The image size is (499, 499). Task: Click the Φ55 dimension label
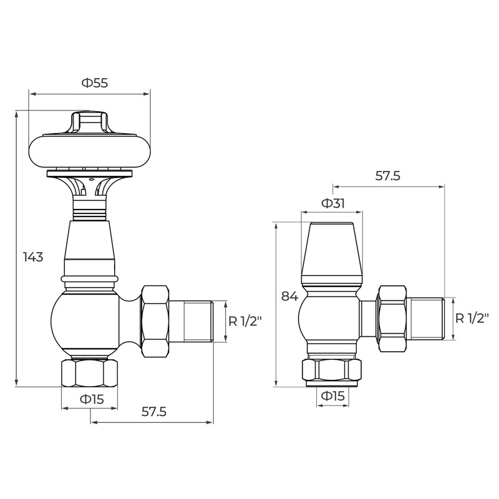[x=95, y=83]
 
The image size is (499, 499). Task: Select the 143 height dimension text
[x=33, y=256]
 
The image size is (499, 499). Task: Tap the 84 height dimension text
[x=289, y=296]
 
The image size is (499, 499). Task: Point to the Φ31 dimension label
[x=333, y=203]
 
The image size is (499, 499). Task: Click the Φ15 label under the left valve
[x=92, y=399]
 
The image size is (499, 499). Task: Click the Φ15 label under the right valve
[x=333, y=396]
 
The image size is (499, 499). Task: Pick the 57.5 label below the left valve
[x=154, y=412]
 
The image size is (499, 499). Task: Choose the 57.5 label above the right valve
[x=387, y=176]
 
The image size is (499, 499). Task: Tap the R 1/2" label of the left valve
[x=245, y=321]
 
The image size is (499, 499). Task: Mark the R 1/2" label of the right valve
[x=472, y=318]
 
